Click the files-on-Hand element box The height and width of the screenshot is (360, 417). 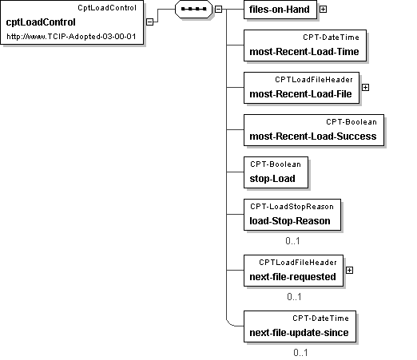(280, 10)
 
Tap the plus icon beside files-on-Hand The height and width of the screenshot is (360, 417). (323, 10)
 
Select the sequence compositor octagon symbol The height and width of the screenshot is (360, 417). (193, 9)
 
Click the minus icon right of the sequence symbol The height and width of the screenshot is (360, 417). (218, 10)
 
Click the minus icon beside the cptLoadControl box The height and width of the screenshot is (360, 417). (150, 22)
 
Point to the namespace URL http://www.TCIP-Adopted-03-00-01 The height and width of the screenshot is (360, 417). (71, 36)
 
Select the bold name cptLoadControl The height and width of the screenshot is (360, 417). (41, 22)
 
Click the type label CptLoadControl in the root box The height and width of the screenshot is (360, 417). (107, 8)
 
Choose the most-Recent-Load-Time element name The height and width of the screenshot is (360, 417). (304, 52)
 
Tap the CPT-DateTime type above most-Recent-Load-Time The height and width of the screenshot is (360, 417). (331, 38)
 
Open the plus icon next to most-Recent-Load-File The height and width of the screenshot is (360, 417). (366, 87)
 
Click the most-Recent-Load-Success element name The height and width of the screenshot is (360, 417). (313, 136)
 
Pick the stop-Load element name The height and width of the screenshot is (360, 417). (272, 179)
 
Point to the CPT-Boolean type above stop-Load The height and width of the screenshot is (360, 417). (276, 164)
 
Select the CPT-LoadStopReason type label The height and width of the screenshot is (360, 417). (292, 207)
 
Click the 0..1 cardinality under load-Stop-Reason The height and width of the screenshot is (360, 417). (292, 241)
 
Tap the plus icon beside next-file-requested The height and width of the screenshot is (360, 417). (349, 271)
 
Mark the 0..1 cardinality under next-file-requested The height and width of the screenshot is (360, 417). (294, 297)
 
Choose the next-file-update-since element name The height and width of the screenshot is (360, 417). (299, 333)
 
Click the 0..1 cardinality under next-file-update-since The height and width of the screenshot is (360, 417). (300, 353)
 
